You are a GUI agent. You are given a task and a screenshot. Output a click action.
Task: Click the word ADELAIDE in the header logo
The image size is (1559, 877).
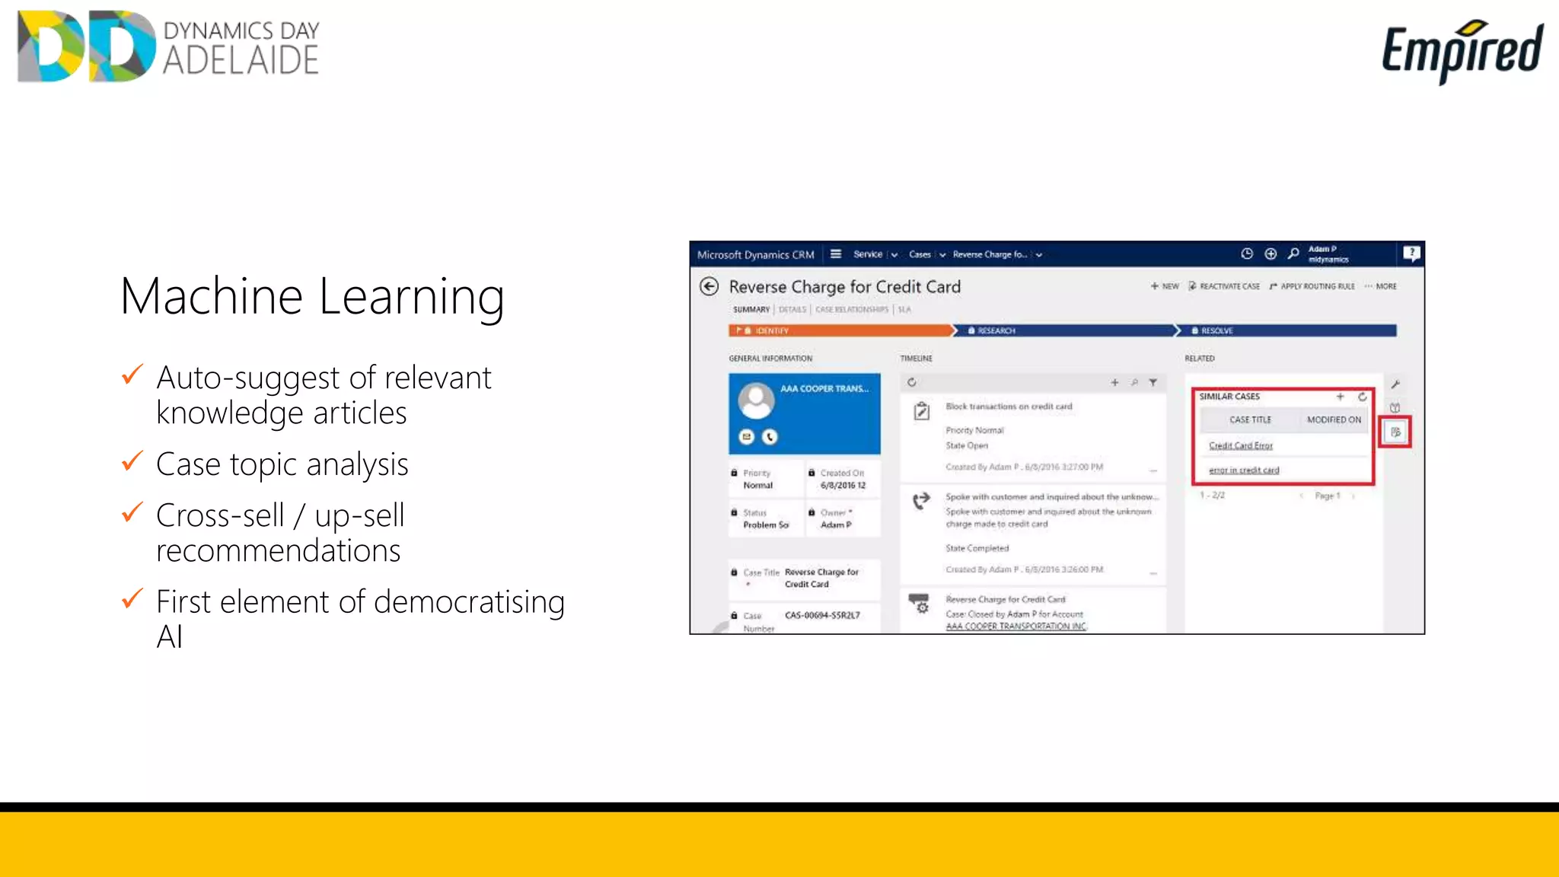tap(241, 61)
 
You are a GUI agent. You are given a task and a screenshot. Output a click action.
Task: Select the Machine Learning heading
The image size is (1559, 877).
tap(312, 296)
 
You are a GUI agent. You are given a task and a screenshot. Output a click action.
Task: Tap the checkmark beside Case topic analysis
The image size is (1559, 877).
tap(132, 461)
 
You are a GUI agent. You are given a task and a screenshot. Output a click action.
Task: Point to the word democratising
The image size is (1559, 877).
tap(469, 601)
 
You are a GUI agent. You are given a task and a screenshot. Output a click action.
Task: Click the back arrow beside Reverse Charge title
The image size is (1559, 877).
tap(709, 287)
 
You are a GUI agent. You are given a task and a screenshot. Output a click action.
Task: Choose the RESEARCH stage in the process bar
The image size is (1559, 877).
tap(996, 330)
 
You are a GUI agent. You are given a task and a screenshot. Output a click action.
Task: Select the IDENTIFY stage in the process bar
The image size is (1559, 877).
tap(771, 330)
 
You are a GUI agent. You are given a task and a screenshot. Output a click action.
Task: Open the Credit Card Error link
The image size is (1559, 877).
tap(1240, 445)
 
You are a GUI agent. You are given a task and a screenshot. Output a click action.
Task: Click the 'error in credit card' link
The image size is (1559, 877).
tap(1244, 470)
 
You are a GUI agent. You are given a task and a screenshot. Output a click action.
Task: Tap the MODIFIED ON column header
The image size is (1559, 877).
tap(1334, 419)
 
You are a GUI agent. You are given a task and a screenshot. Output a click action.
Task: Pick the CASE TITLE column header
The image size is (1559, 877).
tap(1250, 419)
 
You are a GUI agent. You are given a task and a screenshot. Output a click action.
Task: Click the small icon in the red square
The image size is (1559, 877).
tap(1395, 432)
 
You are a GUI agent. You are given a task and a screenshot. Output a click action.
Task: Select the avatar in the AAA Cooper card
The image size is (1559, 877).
tap(756, 400)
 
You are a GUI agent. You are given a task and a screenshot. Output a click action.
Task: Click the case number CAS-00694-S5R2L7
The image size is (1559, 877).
tap(822, 615)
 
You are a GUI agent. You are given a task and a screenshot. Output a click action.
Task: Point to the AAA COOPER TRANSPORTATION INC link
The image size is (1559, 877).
tap(1015, 627)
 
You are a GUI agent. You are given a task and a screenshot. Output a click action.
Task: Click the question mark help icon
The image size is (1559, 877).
tap(1411, 253)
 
